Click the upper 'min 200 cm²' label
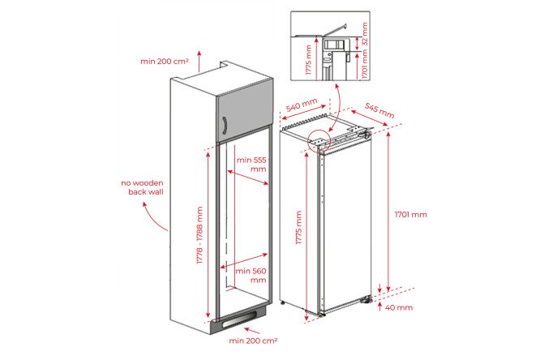coord(165,62)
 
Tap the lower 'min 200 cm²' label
coord(253,341)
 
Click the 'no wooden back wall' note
coord(142,187)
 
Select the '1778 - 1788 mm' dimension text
coord(199,235)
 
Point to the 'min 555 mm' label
coord(251,165)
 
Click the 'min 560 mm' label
coord(251,275)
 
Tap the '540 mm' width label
coord(302,105)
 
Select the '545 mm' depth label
coord(379,110)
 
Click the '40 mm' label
coord(399,307)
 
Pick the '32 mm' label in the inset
coord(365,34)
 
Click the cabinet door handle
coord(225,125)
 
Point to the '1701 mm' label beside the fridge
coord(410,214)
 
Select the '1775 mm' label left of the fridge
coord(298,227)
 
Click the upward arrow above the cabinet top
coord(199,61)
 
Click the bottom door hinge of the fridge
coord(366,300)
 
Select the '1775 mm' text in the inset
coord(308,60)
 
